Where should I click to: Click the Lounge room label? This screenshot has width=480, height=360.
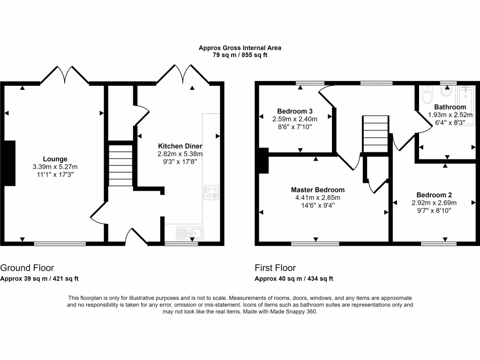tap(55, 159)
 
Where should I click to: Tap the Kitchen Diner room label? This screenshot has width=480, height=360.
tap(180, 146)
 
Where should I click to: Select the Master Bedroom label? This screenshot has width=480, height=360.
tap(317, 190)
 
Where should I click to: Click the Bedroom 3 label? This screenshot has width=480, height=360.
tap(295, 111)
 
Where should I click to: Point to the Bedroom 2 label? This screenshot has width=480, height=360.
tap(434, 195)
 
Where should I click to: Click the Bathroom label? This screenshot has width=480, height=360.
tap(450, 107)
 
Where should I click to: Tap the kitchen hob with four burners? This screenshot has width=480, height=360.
tap(211, 192)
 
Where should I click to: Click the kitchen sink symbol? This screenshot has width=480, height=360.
tap(189, 232)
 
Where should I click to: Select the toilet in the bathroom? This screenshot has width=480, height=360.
tap(427, 96)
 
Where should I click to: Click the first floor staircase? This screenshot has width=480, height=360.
tap(375, 134)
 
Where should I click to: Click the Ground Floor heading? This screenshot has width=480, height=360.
tap(27, 268)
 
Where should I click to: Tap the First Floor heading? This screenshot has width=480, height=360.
tap(275, 268)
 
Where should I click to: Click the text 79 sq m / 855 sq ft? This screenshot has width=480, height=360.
tap(240, 55)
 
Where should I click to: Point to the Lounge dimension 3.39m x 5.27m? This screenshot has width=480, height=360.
tap(55, 167)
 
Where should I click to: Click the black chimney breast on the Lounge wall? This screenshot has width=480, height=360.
tap(9, 163)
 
